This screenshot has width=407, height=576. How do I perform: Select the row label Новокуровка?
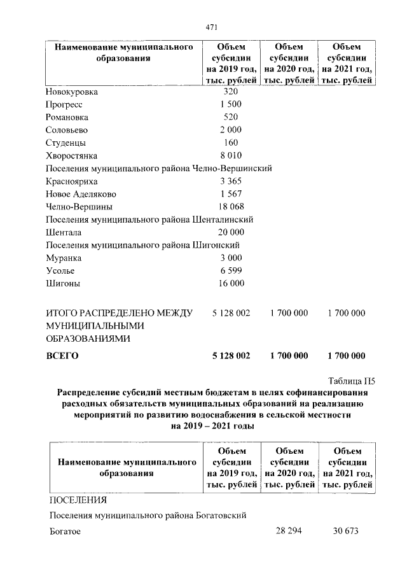(71, 92)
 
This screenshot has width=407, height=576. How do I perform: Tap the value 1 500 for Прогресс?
(231, 104)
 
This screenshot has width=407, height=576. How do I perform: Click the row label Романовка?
(67, 117)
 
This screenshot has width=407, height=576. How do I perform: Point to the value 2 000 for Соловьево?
(231, 130)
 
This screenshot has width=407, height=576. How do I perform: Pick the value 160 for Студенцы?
(231, 143)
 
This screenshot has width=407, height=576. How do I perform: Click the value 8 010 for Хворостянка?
(231, 155)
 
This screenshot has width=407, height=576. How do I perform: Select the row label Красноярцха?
(71, 181)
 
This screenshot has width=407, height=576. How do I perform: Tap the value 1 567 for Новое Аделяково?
(231, 194)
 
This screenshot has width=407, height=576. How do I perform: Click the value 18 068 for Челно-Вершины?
(231, 207)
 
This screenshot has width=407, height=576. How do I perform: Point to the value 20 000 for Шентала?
(231, 232)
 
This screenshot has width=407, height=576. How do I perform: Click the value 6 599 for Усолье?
(231, 270)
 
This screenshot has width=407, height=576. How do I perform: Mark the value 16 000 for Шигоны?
(231, 283)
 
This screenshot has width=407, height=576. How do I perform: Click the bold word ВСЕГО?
(62, 356)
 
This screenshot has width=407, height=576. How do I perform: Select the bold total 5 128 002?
(231, 356)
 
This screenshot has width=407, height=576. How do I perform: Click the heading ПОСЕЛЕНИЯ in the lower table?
(76, 499)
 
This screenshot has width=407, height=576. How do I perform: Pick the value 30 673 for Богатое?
(347, 531)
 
